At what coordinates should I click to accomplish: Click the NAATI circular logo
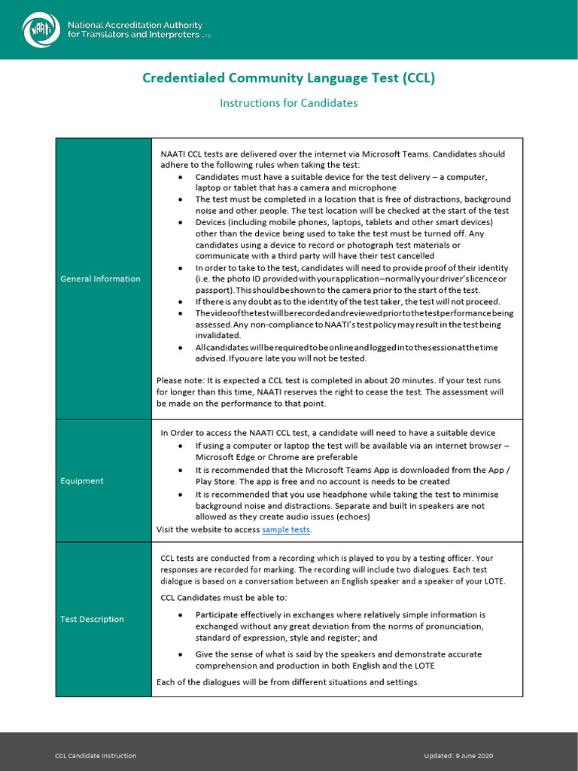(41, 30)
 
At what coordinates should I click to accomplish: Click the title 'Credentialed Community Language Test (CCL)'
(289, 78)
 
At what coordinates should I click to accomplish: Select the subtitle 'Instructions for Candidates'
(289, 103)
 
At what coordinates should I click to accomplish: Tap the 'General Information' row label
(100, 279)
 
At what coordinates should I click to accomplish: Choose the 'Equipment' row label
(82, 481)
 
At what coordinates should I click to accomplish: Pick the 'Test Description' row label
(92, 620)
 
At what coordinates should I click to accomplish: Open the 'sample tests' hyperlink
(286, 530)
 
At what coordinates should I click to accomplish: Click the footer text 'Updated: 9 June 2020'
(458, 756)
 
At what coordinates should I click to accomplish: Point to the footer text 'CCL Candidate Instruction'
(96, 756)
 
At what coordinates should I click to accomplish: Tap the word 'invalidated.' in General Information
(218, 336)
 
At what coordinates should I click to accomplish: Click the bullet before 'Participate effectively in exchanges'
(180, 615)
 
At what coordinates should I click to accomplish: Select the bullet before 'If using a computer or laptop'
(180, 446)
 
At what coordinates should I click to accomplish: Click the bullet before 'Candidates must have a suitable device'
(180, 177)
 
